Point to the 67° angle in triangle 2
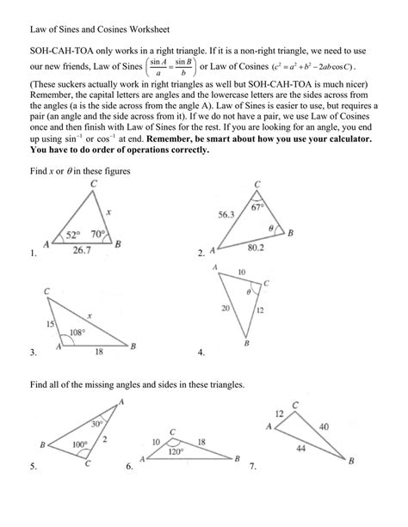click(x=256, y=207)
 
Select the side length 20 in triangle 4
click(x=226, y=308)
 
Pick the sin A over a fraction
click(x=157, y=67)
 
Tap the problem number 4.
click(x=200, y=352)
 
